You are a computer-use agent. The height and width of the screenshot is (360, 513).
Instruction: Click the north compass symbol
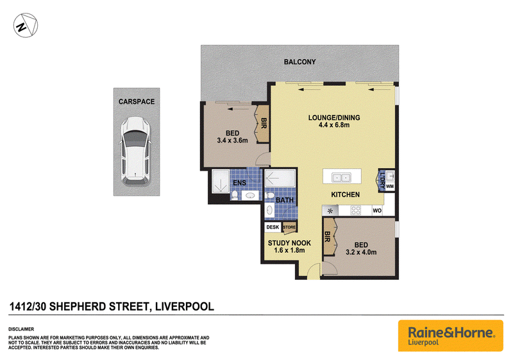coord(26,25)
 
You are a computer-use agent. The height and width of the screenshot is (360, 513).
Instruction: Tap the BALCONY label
coord(299,62)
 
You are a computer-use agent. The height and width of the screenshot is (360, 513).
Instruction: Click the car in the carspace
coord(136,150)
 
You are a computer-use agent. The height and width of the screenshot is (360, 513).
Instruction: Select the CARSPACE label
coord(137,102)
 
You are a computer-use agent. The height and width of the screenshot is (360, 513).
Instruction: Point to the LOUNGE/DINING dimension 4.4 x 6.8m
coord(334,125)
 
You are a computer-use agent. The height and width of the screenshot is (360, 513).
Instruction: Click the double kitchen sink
coord(341,178)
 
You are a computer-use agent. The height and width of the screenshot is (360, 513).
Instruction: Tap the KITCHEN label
coord(345,194)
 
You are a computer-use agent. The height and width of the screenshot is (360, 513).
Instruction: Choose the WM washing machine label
coord(390,187)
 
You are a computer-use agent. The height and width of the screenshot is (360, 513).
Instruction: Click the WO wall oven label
coord(377,210)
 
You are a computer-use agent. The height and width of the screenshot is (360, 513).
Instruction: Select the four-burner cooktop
coord(356,210)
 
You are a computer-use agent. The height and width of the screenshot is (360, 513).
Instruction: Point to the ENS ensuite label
coord(239,183)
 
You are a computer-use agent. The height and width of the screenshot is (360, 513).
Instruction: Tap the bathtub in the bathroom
coord(280,178)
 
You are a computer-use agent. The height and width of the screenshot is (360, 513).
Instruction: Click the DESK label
coord(273,227)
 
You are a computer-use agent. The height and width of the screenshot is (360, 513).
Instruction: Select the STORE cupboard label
coord(289,227)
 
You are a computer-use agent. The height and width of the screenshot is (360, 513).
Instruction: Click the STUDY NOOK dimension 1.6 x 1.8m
coord(289,251)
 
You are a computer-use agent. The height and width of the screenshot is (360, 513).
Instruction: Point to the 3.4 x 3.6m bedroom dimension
coord(232,141)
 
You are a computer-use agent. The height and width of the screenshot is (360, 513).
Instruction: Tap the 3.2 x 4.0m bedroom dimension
coord(361,252)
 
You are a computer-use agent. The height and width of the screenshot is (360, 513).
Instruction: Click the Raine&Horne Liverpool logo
coord(451,336)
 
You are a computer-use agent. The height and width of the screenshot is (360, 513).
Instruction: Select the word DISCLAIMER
coord(21,329)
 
